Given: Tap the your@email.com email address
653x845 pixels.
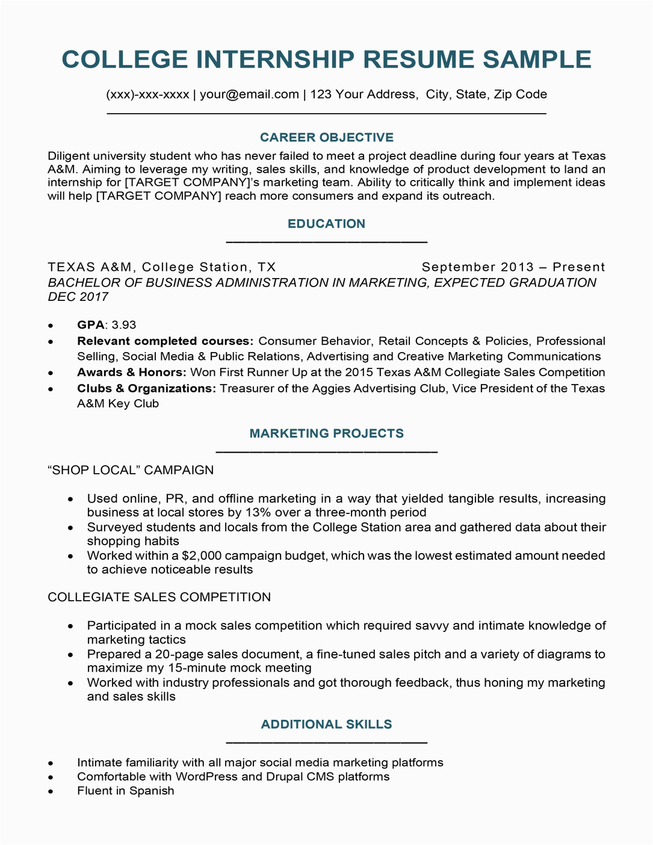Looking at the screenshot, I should (x=249, y=94).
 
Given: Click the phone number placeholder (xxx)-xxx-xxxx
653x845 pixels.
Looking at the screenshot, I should (x=147, y=94).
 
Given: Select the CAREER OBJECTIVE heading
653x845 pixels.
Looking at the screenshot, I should (x=326, y=138).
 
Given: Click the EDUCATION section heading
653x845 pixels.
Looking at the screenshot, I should (x=326, y=224).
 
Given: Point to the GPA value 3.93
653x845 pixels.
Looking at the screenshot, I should (x=124, y=325).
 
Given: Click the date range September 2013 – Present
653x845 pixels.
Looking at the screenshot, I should (x=513, y=267).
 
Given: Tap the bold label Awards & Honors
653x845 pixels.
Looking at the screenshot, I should (x=131, y=373).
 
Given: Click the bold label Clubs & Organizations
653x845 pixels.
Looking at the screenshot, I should (x=146, y=389).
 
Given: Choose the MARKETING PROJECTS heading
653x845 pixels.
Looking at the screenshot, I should (x=326, y=433).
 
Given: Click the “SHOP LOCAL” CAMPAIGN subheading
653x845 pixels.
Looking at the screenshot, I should (x=131, y=470).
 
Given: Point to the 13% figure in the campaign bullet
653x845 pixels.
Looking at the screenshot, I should (x=255, y=513).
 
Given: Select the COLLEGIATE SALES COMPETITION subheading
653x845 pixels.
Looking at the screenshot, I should (x=159, y=597).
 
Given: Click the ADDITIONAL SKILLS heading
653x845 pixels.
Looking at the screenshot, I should (x=326, y=725).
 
